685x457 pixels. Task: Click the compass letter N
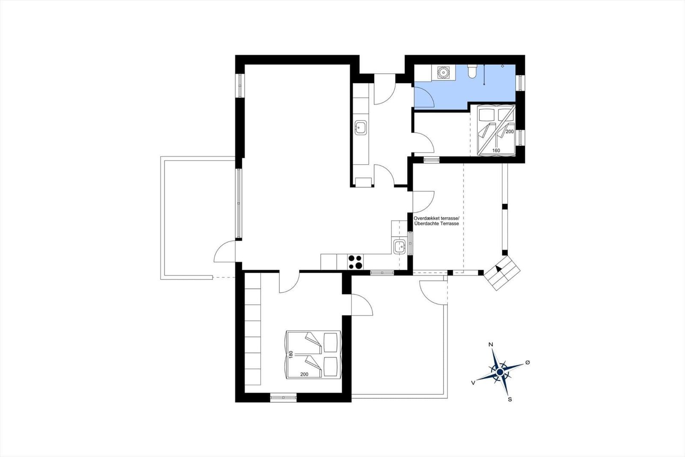point(491,345)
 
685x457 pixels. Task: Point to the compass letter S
point(510,400)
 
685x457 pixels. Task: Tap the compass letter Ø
point(527,362)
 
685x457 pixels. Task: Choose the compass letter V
point(473,383)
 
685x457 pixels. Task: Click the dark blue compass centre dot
point(500,372)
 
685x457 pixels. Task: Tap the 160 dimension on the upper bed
point(496,150)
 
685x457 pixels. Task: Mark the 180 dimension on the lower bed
point(291,355)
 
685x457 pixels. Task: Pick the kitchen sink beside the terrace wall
point(399,247)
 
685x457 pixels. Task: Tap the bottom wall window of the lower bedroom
point(283,397)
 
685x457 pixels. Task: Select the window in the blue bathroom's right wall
point(520,83)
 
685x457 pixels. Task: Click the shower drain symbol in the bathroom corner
point(503,66)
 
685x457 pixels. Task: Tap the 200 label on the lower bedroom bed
point(304,374)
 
